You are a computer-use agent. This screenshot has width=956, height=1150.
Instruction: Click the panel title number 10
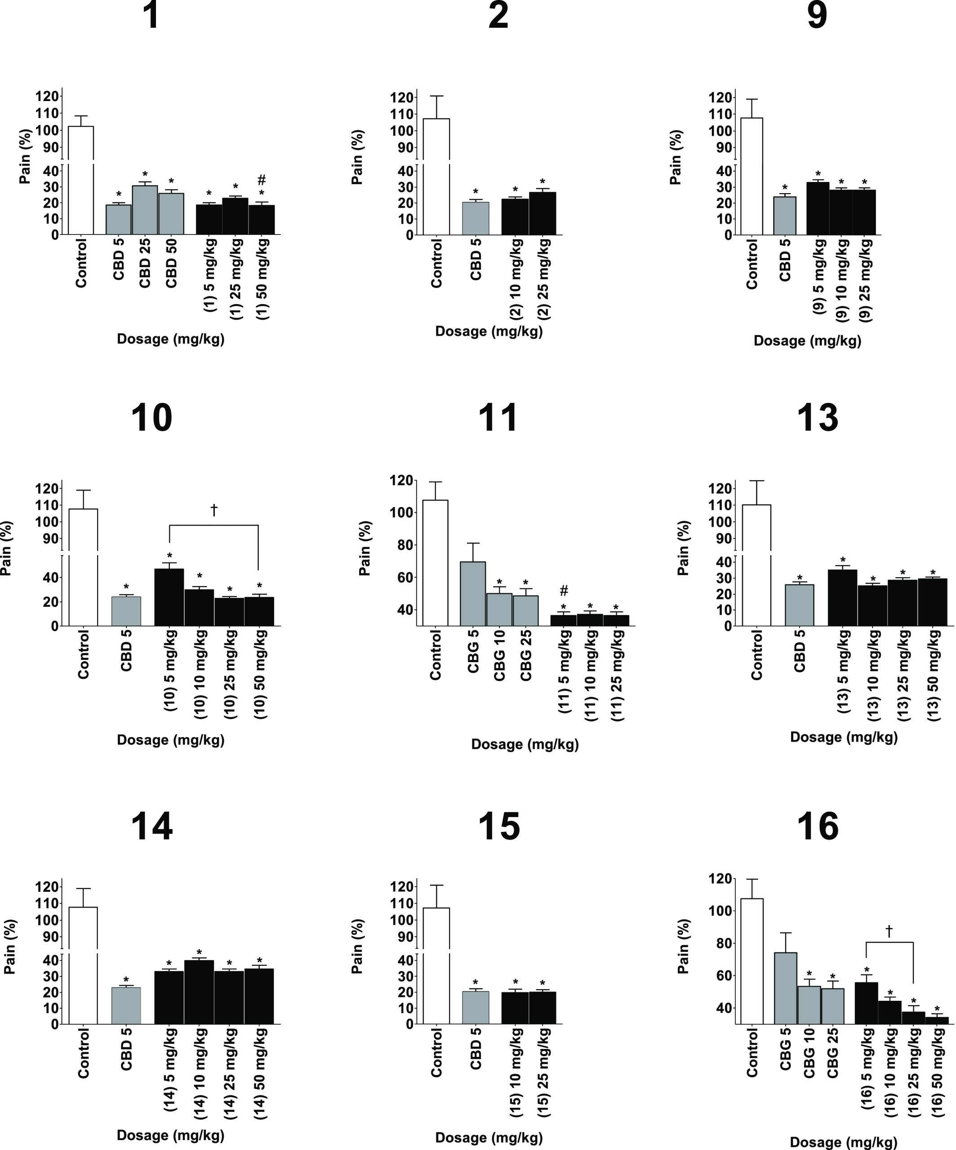click(x=152, y=418)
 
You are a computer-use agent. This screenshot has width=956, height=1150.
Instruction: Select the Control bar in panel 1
click(x=81, y=181)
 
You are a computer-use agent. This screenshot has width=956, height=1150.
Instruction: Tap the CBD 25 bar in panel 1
click(x=145, y=210)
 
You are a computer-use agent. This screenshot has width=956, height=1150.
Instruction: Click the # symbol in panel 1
click(x=262, y=180)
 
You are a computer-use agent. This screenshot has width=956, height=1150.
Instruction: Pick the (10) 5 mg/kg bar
click(x=169, y=597)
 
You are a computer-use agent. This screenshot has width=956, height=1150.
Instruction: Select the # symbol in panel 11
click(x=564, y=591)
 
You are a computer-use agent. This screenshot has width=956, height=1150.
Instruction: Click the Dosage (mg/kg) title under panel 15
click(x=489, y=1138)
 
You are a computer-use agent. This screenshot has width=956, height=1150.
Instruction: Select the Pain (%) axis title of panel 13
click(x=683, y=548)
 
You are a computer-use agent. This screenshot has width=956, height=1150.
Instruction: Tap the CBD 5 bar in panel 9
click(x=784, y=216)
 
